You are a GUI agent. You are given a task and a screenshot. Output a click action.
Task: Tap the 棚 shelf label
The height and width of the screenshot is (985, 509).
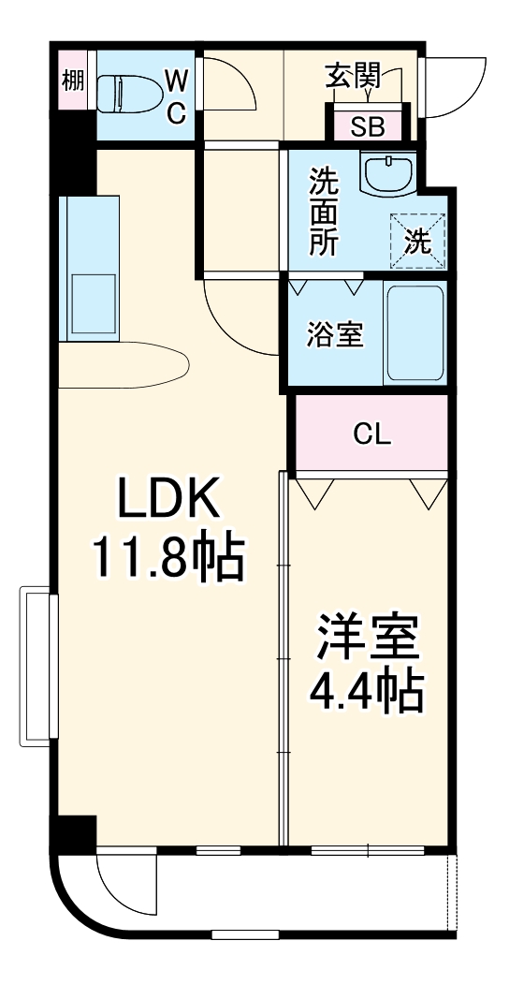72,81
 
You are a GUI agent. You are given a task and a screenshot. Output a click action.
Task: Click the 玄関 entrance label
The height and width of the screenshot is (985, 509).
353,75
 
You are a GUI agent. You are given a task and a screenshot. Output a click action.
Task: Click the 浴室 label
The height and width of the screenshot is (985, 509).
334,334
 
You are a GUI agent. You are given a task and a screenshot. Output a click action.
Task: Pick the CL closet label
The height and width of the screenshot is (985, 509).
371,434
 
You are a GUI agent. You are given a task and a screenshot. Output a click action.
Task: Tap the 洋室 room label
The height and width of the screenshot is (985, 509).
366,640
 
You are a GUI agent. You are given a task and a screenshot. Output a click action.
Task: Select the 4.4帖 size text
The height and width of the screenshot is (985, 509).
366,694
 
